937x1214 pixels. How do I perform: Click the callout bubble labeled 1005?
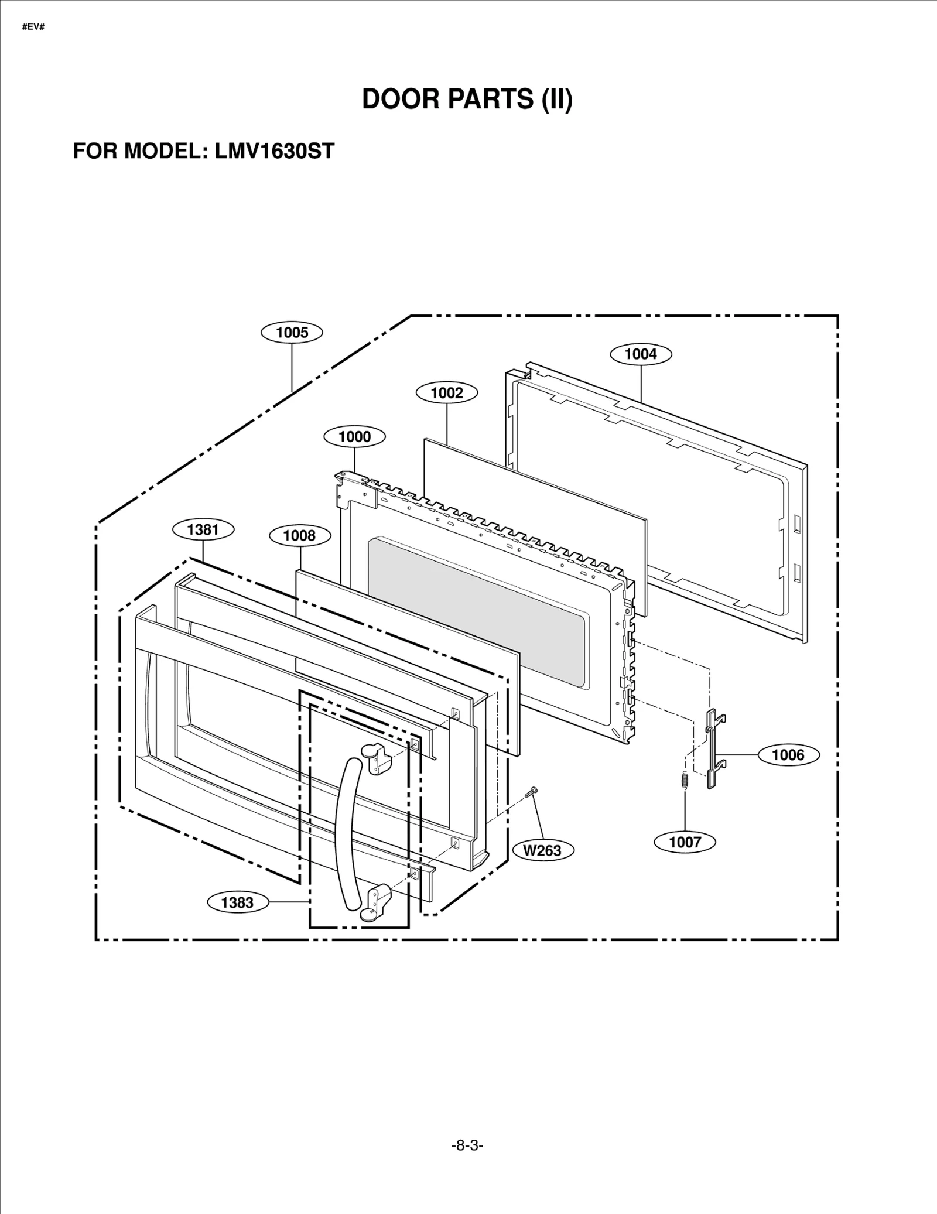(x=292, y=333)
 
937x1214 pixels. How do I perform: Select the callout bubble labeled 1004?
(x=641, y=354)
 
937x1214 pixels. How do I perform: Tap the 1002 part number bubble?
(x=447, y=393)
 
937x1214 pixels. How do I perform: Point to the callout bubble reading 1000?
(x=354, y=437)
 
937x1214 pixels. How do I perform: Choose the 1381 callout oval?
(x=203, y=529)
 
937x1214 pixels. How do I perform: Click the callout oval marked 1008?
(x=299, y=535)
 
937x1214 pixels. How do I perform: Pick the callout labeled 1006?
(x=788, y=755)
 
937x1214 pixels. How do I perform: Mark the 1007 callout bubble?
(x=685, y=842)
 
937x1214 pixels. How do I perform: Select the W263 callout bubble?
(x=542, y=850)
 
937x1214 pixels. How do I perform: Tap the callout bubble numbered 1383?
(x=237, y=902)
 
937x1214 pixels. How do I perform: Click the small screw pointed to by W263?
(x=532, y=792)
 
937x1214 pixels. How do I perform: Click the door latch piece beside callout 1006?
(x=712, y=749)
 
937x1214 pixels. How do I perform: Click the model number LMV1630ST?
(x=274, y=151)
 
